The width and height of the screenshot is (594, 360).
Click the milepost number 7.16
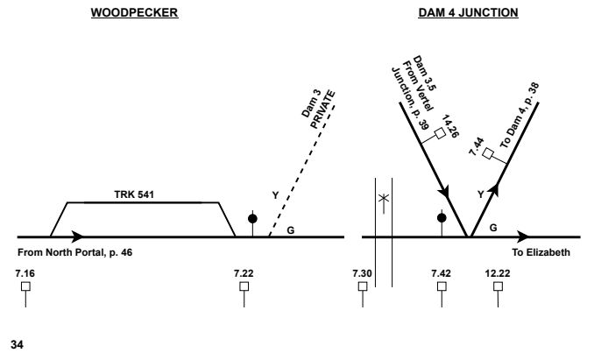(x=25, y=274)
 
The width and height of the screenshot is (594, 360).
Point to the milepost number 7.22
(x=244, y=274)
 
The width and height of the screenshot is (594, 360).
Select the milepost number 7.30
(x=362, y=274)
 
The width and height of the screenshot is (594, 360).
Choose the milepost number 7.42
(x=442, y=274)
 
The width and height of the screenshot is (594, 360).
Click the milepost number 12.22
(x=497, y=274)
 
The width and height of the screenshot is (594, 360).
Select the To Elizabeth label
(x=540, y=252)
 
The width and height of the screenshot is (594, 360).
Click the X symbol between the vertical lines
(x=381, y=199)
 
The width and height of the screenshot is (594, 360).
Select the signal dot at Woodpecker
(x=253, y=218)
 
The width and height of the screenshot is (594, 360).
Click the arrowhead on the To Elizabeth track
(x=522, y=236)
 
